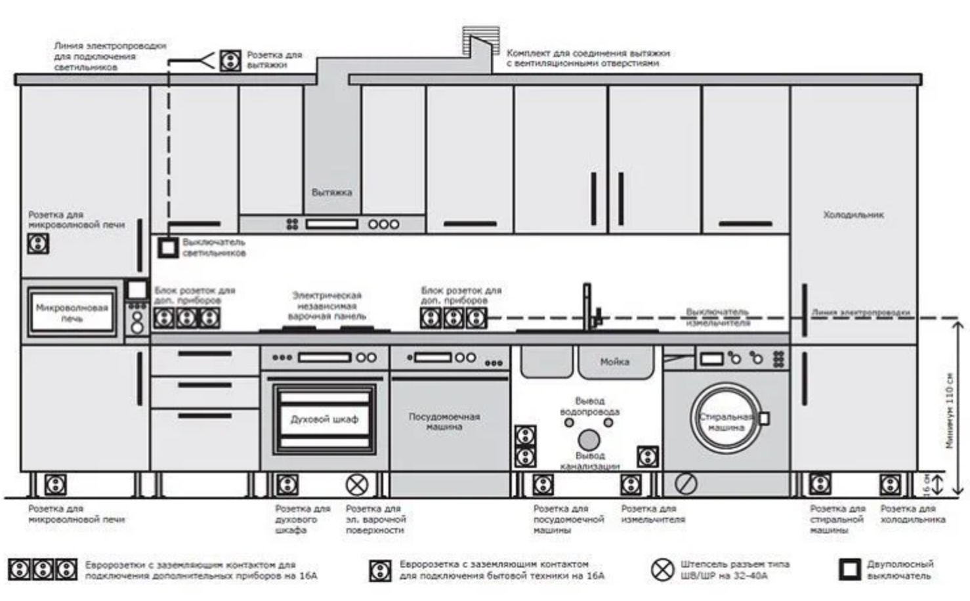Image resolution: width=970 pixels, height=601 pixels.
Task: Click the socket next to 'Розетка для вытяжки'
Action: point(230,60)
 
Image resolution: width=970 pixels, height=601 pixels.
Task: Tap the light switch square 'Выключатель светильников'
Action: point(168,247)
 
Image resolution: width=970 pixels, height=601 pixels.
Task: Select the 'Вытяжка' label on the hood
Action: point(331,192)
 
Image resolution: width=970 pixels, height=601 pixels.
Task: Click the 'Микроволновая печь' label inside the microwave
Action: point(72,312)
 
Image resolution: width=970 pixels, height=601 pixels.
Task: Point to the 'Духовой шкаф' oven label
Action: point(324,419)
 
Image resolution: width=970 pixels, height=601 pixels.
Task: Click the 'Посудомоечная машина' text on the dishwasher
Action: point(444,421)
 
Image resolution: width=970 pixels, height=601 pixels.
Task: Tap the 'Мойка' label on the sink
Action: point(614,362)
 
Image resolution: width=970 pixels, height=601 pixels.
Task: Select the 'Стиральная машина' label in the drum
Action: point(725,422)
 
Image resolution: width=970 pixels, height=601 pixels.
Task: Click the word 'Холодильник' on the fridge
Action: point(853,215)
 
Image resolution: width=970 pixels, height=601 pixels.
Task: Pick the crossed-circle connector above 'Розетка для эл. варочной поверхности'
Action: point(357,485)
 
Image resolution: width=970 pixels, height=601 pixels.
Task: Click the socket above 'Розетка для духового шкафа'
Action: point(287,485)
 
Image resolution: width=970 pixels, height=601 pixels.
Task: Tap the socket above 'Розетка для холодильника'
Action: point(890,485)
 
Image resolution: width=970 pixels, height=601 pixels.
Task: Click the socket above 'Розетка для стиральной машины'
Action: point(820,485)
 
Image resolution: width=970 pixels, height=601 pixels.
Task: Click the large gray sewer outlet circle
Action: point(589,440)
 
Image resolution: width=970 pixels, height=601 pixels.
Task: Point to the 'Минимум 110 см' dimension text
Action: point(949,410)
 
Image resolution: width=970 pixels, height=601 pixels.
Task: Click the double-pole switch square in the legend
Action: point(849,569)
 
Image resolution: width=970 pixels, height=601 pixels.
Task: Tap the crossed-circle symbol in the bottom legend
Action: point(662,569)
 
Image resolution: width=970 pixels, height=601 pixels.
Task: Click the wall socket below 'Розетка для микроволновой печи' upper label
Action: point(38,243)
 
